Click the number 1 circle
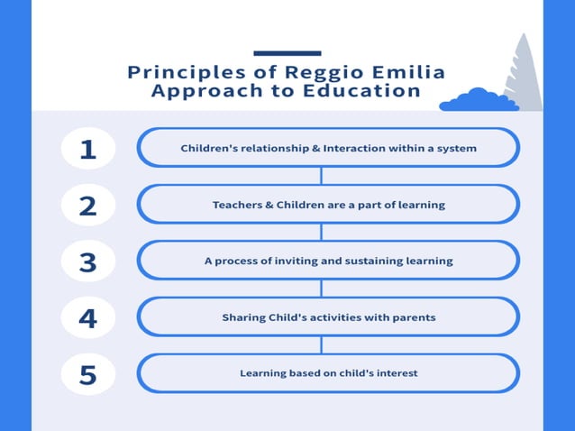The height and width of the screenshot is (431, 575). [x=87, y=148]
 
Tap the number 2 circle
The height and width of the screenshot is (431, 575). [x=87, y=205]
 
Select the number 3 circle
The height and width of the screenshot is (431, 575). [x=87, y=261]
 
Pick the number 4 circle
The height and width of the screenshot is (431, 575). [x=87, y=317]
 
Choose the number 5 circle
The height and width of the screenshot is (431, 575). [x=87, y=373]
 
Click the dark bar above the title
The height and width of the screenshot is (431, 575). [x=287, y=53]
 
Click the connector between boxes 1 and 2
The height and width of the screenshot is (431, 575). [x=322, y=176]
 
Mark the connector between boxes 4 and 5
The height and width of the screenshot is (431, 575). [x=322, y=345]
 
